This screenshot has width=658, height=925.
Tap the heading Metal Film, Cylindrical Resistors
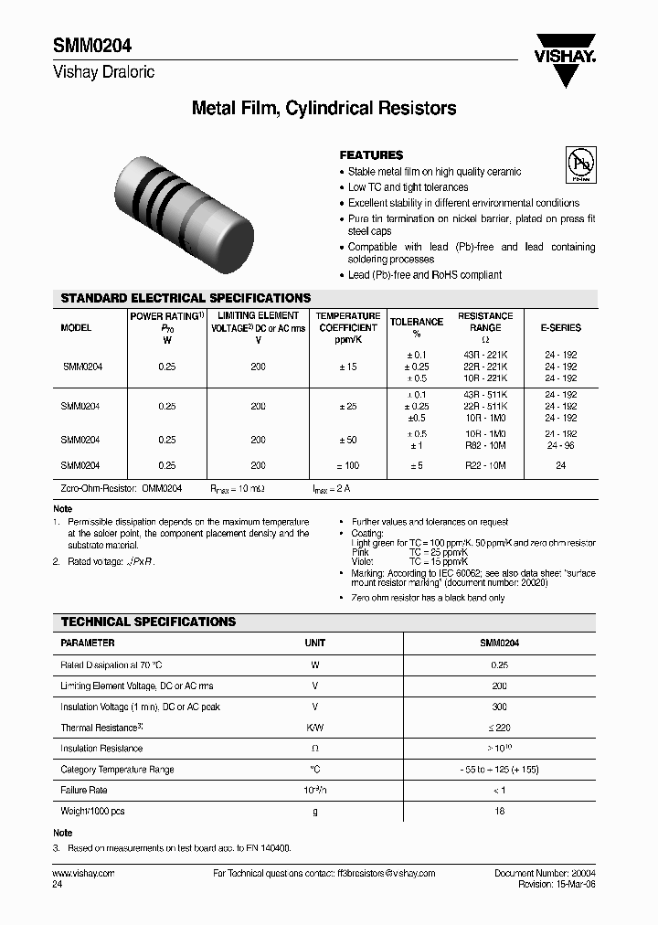coord(324,109)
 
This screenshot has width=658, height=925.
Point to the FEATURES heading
coord(371,155)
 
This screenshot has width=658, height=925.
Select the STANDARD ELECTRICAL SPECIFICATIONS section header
coord(186,298)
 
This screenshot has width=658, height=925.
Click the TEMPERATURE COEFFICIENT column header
coord(347,327)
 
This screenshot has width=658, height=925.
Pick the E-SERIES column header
coord(560,327)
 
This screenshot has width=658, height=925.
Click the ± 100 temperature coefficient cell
coord(347,465)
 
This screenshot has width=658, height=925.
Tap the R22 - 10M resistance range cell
coord(485,465)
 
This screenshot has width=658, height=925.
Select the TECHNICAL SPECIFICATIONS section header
coord(148,622)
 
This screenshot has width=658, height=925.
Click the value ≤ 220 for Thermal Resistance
coord(499,728)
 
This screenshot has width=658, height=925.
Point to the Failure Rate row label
coord(84,790)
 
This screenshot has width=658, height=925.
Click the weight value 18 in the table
coord(499,811)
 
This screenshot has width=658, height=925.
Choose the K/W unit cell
coord(314,728)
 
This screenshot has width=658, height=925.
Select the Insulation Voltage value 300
coord(499,707)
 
